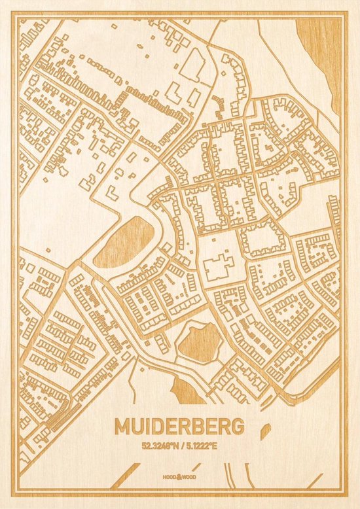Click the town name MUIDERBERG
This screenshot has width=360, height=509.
[179, 427]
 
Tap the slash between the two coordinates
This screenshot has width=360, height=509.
[181, 447]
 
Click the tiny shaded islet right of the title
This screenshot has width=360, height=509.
[266, 430]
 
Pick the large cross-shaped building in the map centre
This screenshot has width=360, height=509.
[219, 268]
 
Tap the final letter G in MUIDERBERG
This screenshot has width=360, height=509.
[236, 427]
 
